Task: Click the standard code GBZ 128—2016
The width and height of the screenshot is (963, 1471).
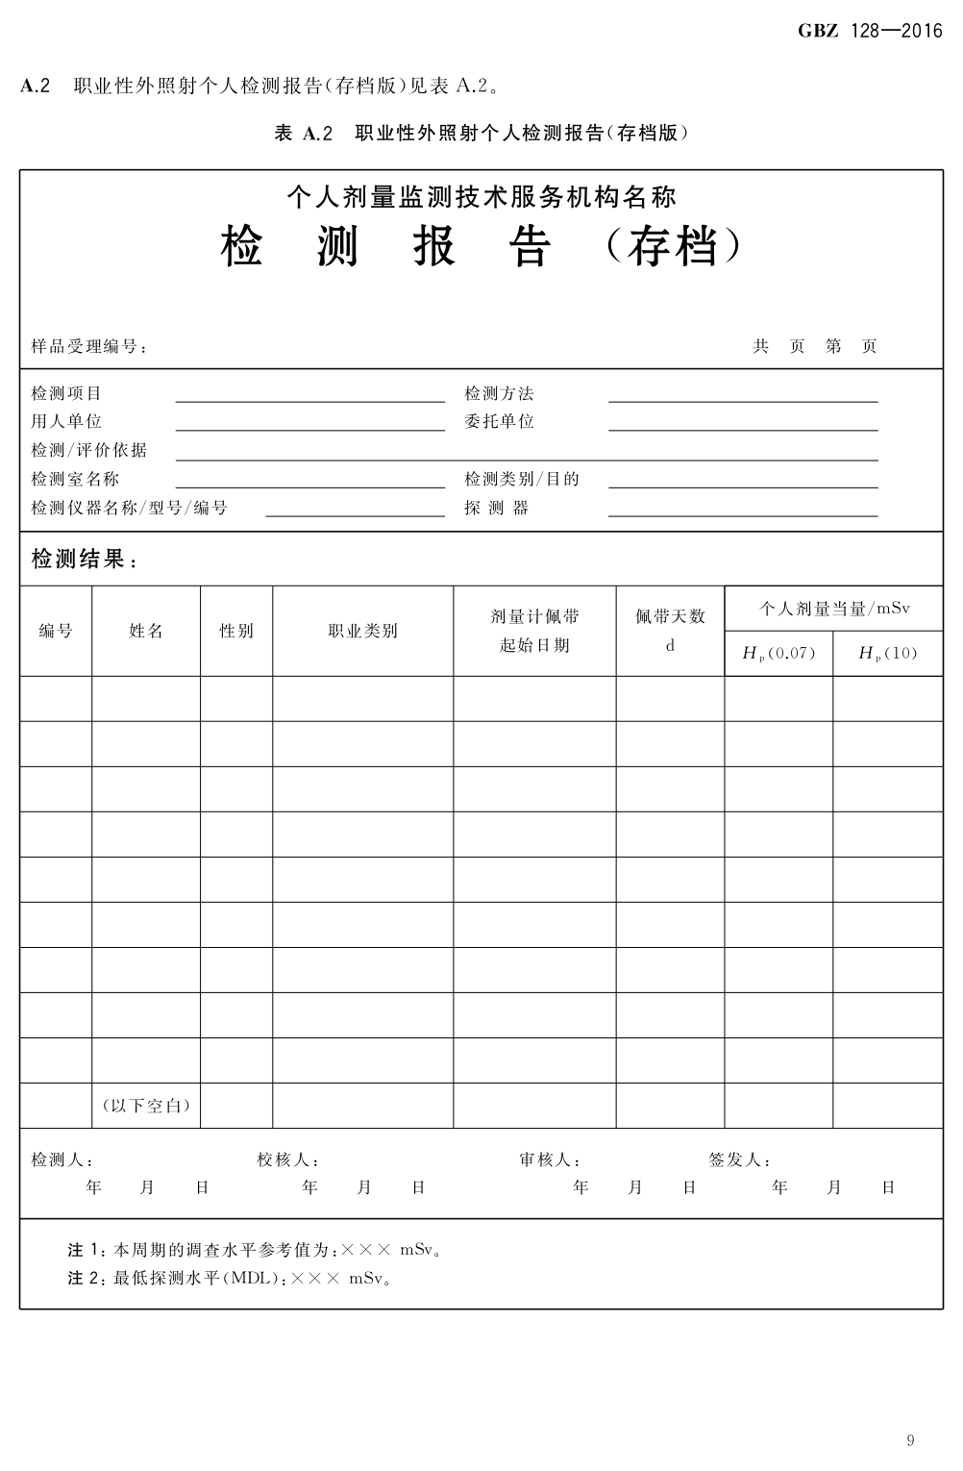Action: (x=870, y=32)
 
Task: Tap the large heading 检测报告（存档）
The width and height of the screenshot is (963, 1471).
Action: (x=481, y=248)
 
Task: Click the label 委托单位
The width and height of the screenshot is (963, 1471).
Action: (x=499, y=422)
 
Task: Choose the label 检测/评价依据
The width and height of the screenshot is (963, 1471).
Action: (x=89, y=450)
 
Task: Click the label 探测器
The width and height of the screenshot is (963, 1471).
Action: (x=496, y=508)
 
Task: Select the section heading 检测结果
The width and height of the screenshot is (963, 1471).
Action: (x=84, y=560)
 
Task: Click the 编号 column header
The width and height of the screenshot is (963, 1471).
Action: (x=56, y=631)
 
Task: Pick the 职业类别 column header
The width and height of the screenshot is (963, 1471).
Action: (x=362, y=631)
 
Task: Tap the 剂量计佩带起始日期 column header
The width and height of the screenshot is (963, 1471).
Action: (x=534, y=631)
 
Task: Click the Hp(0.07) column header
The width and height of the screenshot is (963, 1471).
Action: (x=778, y=654)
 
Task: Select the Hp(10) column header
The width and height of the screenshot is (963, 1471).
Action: (x=887, y=654)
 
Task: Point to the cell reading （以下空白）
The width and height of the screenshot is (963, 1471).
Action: (x=146, y=1106)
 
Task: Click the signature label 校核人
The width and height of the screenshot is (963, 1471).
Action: (x=287, y=1159)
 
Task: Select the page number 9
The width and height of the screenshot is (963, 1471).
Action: (x=910, y=1439)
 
